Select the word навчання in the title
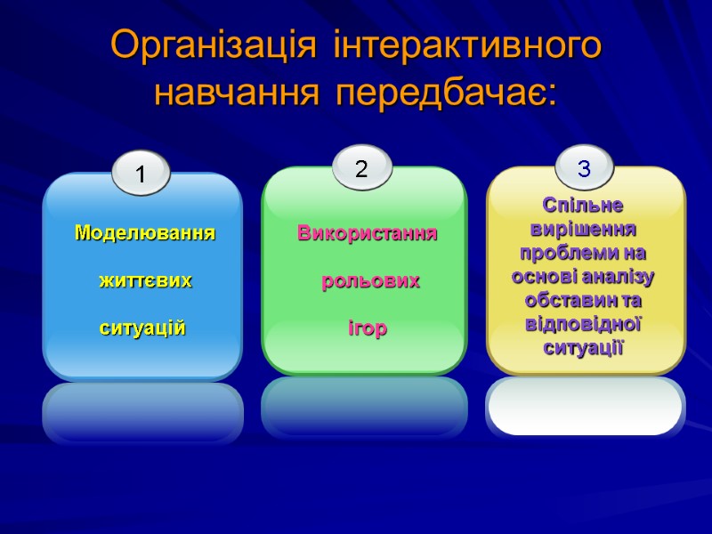click(239, 92)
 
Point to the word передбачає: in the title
click(445, 92)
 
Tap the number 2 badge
click(362, 167)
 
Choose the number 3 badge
click(584, 167)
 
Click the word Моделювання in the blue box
click(144, 233)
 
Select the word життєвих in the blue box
click(144, 280)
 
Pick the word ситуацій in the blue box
click(142, 328)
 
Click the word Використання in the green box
click(367, 234)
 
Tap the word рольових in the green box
click(370, 281)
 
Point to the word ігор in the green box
click(367, 328)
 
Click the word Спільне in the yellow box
click(584, 206)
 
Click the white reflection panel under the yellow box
click(585, 408)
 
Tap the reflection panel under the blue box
click(142, 413)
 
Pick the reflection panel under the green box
click(364, 408)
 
